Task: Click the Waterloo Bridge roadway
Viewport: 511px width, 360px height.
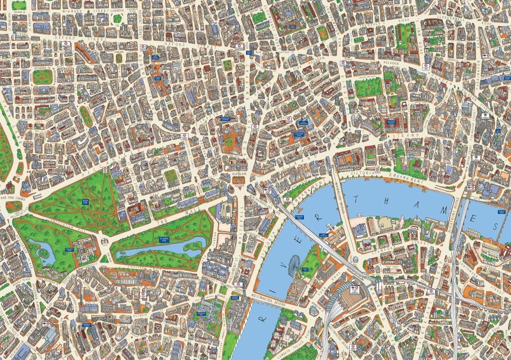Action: click(344, 200)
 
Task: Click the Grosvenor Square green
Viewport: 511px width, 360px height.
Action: click(42, 76)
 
